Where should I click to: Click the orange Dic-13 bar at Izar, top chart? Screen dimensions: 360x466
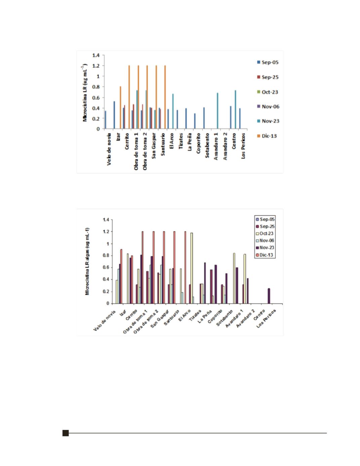pos(120,108)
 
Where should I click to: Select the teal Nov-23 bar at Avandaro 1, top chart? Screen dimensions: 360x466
pos(217,111)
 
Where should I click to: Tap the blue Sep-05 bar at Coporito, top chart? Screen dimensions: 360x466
pos(195,121)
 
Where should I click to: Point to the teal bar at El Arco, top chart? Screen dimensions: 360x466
pos(173,111)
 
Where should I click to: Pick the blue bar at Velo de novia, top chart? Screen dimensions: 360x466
pos(105,120)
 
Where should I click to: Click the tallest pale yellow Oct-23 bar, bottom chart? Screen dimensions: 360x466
pos(192,268)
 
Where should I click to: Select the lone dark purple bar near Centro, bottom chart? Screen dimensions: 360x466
pos(269,296)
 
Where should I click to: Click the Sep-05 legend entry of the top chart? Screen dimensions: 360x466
pos(268,63)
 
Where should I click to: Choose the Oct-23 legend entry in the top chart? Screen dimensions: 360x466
pos(268,92)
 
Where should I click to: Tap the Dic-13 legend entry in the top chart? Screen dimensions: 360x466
pos(267,136)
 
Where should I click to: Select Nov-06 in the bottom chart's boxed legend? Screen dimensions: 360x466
pos(265,241)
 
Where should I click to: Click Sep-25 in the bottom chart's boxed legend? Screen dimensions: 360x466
pos(265,227)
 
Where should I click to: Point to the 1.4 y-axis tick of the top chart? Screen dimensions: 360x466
pos(96,55)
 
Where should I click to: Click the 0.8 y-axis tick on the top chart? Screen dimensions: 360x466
pos(96,87)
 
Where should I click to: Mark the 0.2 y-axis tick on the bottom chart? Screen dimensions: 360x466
pos(106,292)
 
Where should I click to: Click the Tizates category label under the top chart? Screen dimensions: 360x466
pos(181,140)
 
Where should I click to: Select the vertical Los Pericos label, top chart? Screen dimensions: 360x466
pos(243,146)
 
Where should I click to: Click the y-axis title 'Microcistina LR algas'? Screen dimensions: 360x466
pos(87,262)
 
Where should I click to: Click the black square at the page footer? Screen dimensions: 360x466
pos(66,433)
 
